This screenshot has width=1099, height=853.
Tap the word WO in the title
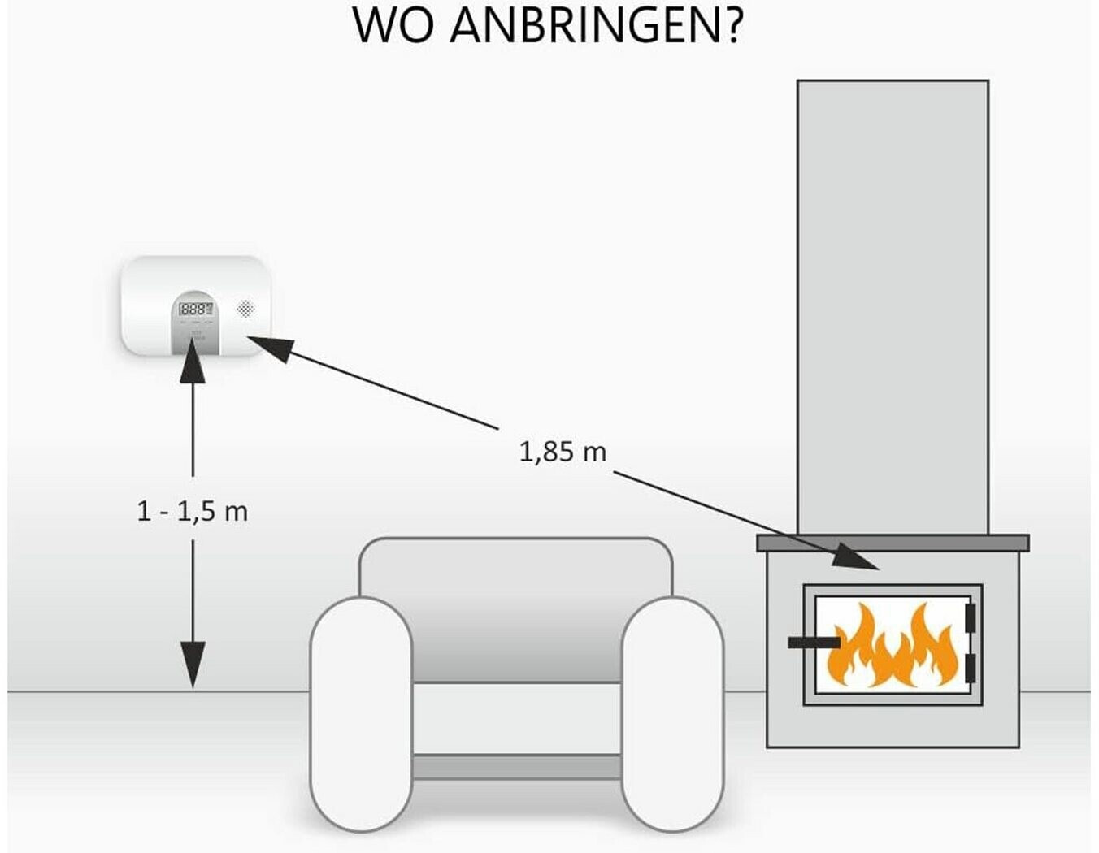(x=394, y=25)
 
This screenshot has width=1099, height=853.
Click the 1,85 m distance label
(x=563, y=451)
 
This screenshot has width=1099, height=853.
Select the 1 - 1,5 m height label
(x=193, y=511)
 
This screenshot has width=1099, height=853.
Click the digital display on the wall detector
(x=195, y=310)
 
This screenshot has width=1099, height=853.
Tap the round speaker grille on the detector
(x=245, y=308)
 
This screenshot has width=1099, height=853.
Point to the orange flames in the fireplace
(x=891, y=646)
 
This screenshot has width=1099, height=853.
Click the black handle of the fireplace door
(x=814, y=643)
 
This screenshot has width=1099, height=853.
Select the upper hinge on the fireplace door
(x=969, y=617)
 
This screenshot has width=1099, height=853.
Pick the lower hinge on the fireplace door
(x=969, y=668)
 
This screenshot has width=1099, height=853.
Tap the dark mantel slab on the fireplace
(x=893, y=543)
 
